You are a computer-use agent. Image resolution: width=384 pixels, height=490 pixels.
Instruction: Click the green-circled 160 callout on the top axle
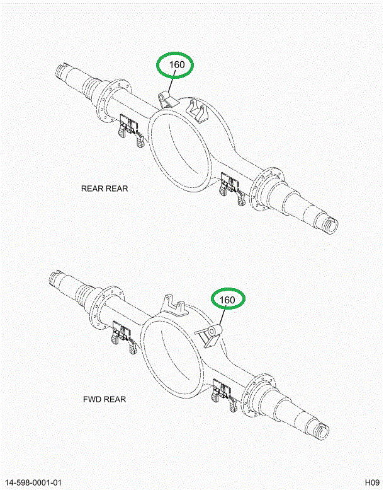(x=176, y=65)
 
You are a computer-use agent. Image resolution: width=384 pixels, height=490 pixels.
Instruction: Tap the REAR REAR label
(x=104, y=189)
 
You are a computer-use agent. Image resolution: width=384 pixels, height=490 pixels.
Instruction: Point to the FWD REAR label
(x=104, y=399)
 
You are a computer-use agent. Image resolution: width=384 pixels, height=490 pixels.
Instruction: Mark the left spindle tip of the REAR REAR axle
(x=64, y=67)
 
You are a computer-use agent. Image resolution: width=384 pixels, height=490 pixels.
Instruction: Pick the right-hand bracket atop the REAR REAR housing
(x=200, y=111)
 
